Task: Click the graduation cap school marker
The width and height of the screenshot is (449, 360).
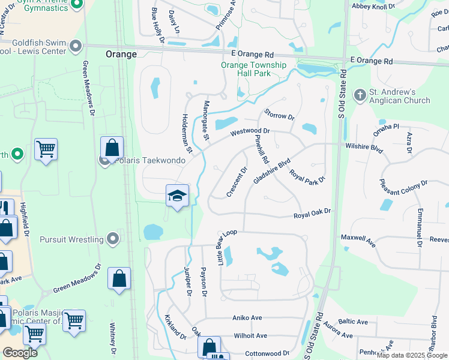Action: [x=177, y=196]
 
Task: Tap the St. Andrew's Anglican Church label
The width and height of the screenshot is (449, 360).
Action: [x=400, y=96]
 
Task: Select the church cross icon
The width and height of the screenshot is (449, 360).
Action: [x=360, y=95]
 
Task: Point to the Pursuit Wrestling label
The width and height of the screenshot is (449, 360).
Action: [x=71, y=239]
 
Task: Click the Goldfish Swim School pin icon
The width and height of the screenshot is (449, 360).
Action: [x=76, y=46]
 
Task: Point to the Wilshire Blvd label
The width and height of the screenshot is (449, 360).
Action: [x=364, y=146]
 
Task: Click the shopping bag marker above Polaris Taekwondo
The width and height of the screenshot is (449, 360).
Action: [x=112, y=147]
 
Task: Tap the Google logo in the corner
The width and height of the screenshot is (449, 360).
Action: [x=20, y=352]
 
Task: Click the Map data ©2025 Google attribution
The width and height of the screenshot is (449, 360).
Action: [x=412, y=355]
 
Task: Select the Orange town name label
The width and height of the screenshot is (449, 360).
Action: [x=121, y=53]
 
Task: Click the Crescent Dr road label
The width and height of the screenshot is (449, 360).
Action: [x=237, y=182]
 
